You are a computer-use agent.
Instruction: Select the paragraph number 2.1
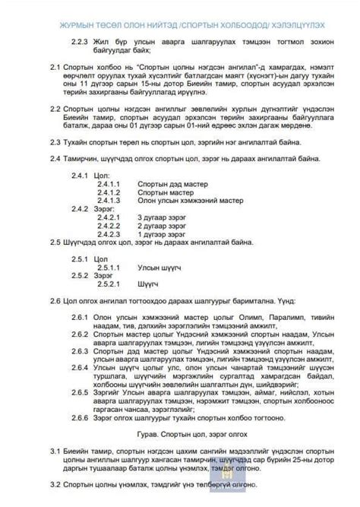(x=55, y=67)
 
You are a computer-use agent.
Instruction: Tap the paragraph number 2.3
(x=55, y=144)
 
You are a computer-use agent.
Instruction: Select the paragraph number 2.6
(x=55, y=301)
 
